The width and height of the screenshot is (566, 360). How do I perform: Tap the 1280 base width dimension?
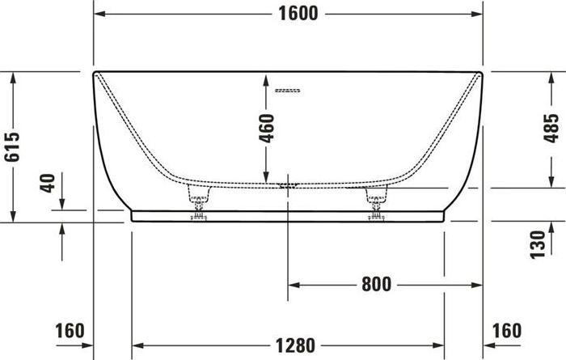[289, 345]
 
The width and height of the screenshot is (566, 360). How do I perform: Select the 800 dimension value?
[377, 285]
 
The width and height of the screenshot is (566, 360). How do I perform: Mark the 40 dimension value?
[49, 182]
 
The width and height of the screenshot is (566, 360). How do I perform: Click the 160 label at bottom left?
[70, 331]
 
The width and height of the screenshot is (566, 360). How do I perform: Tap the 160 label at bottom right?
[508, 331]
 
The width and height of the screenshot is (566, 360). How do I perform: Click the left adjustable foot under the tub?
[199, 201]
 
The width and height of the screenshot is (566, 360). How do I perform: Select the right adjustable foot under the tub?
[377, 201]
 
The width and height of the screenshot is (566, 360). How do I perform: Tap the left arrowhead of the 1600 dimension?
[99, 14]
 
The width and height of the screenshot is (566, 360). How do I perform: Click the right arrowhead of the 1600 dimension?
[478, 14]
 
